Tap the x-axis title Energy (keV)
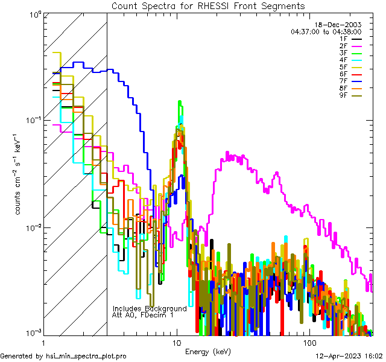pyautogui.click(x=208, y=351)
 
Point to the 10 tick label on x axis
pyautogui.click(x=177, y=342)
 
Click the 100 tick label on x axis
pyautogui.click(x=309, y=342)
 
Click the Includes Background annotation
pyautogui.click(x=150, y=308)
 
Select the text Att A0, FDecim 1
pyautogui.click(x=143, y=315)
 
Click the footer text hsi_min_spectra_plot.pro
pyautogui.click(x=86, y=356)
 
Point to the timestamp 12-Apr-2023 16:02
pyautogui.click(x=349, y=356)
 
